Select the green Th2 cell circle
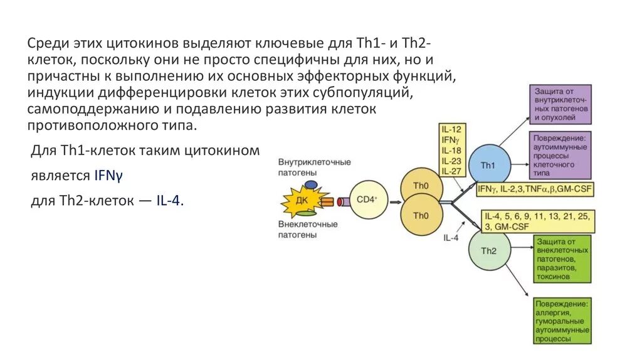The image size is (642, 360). click(488, 251)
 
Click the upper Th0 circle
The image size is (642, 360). click(421, 186)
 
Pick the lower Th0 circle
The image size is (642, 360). click(421, 215)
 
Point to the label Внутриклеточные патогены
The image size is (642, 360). click(315, 167)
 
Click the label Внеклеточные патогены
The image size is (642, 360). click(308, 230)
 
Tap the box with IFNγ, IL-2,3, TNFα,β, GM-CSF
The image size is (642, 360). click(535, 189)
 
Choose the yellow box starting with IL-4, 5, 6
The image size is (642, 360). click(539, 221)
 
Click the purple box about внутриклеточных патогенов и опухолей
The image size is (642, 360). click(560, 104)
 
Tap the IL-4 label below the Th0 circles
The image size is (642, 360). click(451, 238)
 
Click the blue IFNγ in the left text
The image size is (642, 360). click(108, 176)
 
